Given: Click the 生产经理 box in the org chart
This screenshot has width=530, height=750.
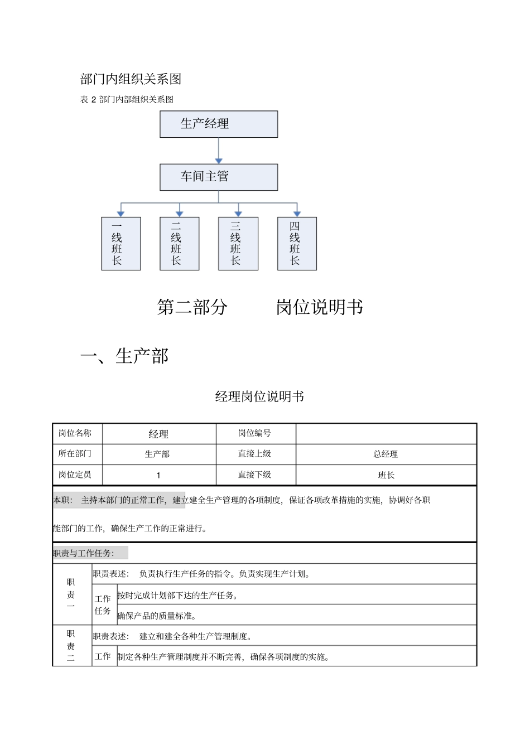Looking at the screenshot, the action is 219,124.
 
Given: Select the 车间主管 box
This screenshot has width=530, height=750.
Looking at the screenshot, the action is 219,177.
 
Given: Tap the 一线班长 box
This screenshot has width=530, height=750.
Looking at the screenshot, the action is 121,244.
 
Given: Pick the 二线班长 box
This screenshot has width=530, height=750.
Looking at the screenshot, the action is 179,244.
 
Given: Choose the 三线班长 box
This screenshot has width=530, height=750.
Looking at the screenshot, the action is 238,244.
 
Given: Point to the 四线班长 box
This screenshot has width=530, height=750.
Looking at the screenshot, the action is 297,244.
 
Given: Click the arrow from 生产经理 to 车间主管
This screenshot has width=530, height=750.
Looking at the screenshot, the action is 219,151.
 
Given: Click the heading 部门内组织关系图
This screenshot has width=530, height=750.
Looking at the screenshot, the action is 131,79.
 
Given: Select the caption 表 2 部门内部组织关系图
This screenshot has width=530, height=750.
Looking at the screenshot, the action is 127,99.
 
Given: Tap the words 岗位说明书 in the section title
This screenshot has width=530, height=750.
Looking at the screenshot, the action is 319,307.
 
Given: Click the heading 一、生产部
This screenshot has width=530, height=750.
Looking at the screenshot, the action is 124,356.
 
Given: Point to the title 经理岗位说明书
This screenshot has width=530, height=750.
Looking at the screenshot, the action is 259,396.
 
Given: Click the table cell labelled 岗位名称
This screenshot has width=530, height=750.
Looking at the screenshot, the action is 75,433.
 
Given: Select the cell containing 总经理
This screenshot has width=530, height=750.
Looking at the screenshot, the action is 386,454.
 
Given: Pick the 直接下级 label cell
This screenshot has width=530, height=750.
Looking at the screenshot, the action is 254,475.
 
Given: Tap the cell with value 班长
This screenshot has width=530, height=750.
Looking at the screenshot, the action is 386,475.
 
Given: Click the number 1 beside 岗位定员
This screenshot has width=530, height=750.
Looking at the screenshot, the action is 158,475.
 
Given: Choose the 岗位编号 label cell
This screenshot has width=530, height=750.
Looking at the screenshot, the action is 254,433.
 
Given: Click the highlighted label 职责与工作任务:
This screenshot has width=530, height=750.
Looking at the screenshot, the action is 84,553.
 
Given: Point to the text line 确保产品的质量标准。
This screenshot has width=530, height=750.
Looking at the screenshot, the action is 157,616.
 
